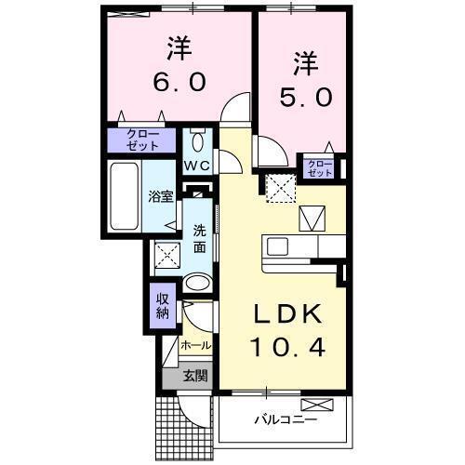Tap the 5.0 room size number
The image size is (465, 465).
click(300, 96)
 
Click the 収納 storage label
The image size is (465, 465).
click(163, 305)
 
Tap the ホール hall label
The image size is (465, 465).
click(195, 345)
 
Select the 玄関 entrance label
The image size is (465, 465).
click(195, 377)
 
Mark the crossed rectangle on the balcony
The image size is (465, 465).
click(316, 405)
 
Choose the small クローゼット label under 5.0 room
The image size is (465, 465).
click(319, 168)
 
